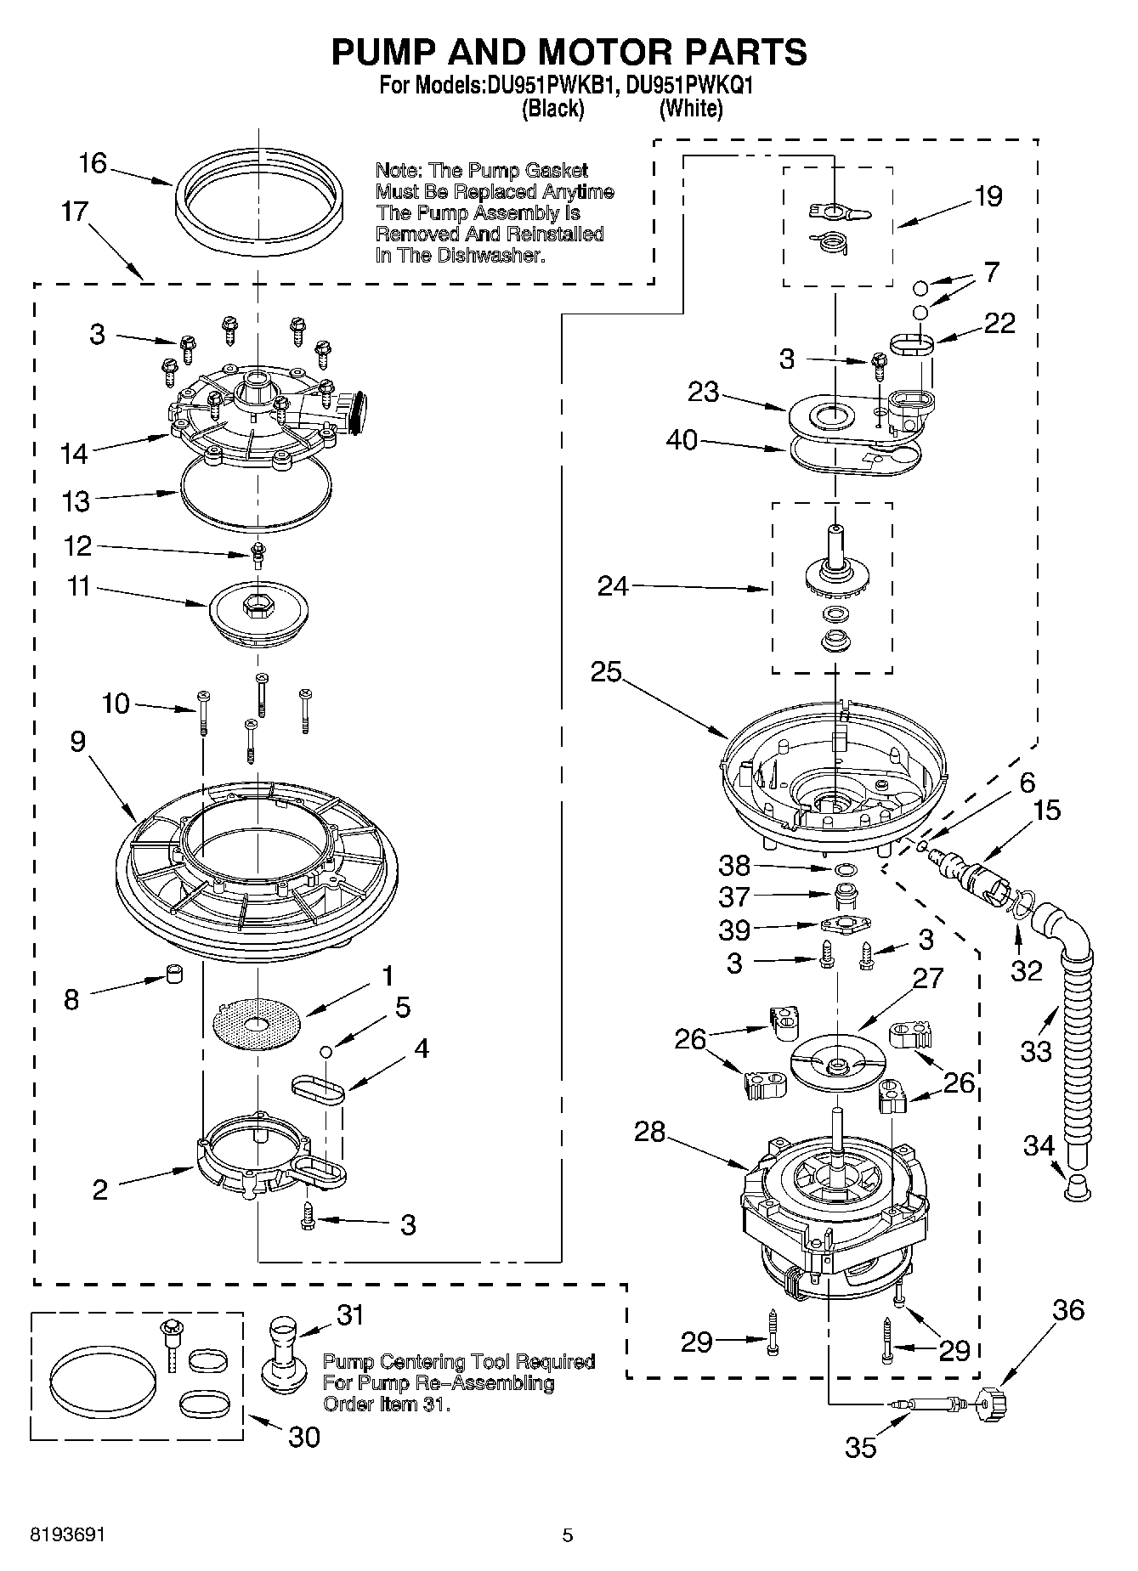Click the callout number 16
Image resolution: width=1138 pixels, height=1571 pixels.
point(93,163)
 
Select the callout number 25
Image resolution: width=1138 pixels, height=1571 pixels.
point(607,672)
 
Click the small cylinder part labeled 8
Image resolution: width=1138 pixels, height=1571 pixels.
point(174,974)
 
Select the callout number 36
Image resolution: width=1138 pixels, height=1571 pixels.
point(1068,1310)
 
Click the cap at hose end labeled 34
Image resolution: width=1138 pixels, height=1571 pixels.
point(1078,1189)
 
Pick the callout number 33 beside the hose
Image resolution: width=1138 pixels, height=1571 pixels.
point(1036,1052)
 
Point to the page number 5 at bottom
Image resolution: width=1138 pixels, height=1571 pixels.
point(568,1535)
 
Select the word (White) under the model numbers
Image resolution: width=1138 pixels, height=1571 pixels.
point(691,109)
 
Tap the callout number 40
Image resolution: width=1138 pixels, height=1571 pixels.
point(682,440)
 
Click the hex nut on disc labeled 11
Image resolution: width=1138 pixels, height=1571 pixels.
point(255,605)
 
